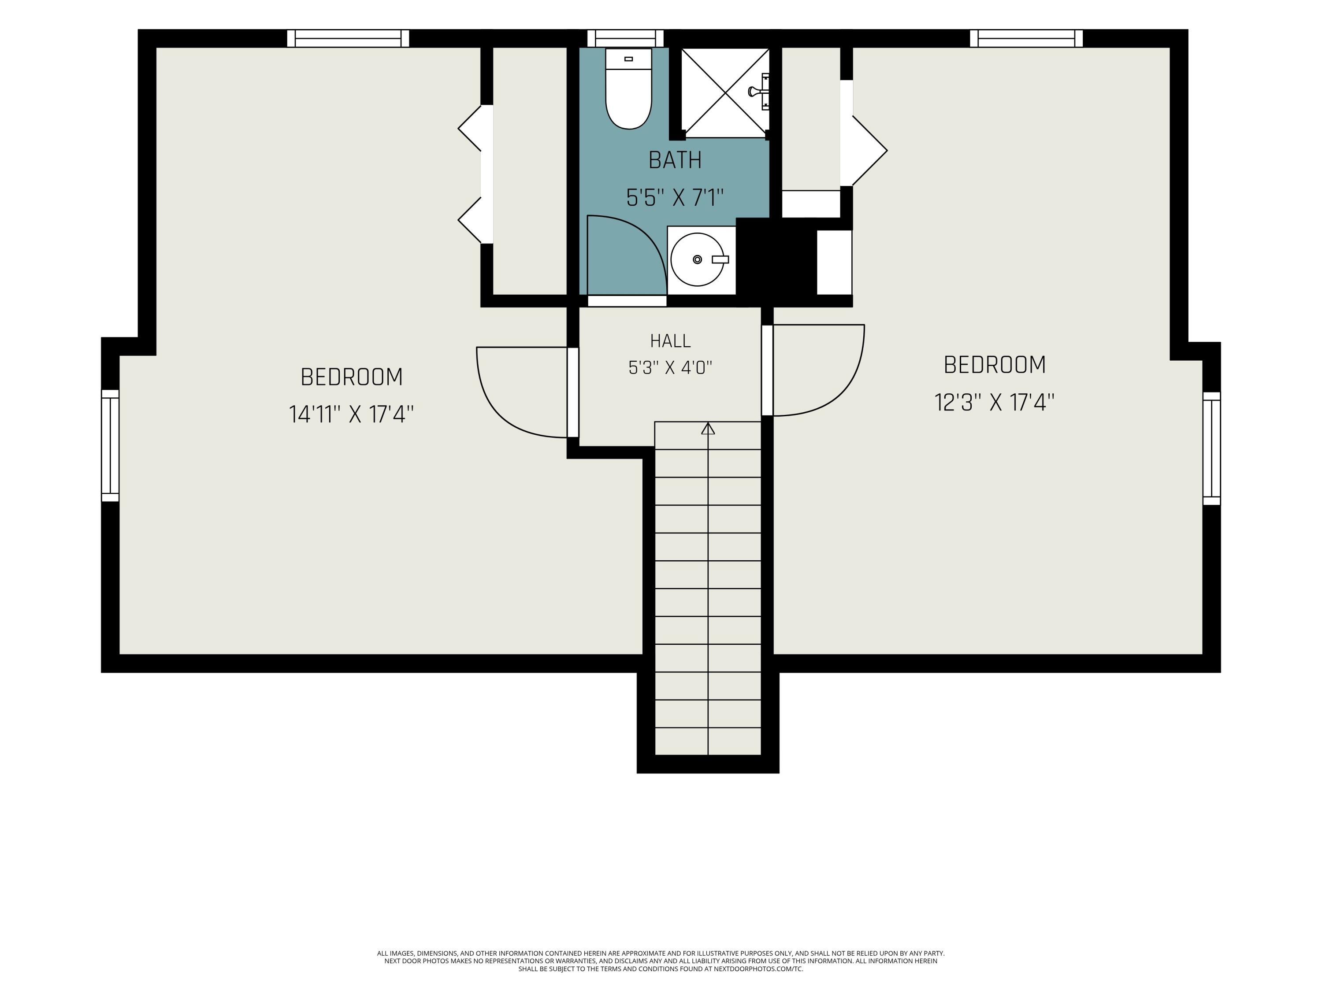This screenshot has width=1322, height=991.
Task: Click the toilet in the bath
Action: pos(628,89)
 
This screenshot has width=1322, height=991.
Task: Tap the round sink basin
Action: pos(698,259)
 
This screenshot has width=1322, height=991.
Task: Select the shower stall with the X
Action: pos(725,92)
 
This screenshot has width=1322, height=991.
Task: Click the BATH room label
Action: pos(675,160)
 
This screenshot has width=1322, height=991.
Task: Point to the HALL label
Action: pos(670,341)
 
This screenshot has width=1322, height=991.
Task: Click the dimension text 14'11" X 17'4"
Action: pos(351,414)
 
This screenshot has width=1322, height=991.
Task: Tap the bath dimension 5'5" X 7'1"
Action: pos(675,197)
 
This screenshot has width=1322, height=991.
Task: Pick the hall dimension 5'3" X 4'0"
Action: pos(670,367)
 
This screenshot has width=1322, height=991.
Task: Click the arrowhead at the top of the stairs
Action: pos(708,428)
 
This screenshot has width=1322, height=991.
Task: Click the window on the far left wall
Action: pos(110,446)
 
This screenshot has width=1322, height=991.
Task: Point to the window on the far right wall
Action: pos(1211,448)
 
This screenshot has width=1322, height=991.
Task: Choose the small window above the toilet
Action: pos(626,38)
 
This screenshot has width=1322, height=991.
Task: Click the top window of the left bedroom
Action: pos(348,38)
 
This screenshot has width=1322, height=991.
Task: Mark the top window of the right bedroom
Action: pos(1026,38)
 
